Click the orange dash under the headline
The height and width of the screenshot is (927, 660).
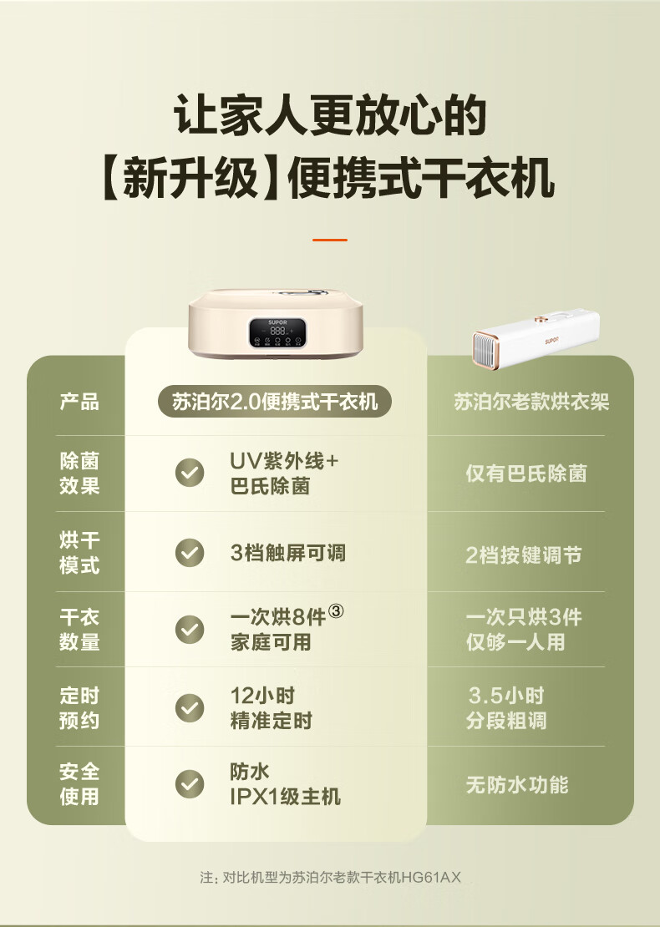tap(330, 240)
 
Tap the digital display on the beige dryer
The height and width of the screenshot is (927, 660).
tap(277, 332)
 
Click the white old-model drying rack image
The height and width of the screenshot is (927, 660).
tap(536, 339)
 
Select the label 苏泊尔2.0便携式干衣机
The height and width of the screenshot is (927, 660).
tap(275, 402)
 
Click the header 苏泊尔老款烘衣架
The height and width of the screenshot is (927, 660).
tap(531, 402)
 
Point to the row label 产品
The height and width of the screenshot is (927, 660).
tap(79, 402)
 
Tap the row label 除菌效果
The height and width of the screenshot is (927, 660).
tap(79, 473)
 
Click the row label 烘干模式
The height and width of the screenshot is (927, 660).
tap(79, 553)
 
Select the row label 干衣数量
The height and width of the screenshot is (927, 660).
tap(79, 630)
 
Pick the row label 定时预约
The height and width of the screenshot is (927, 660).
tap(79, 708)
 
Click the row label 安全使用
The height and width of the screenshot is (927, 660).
tap(79, 784)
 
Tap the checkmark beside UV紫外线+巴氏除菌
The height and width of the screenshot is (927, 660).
tap(190, 473)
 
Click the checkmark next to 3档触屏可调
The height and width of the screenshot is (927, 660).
tap(190, 553)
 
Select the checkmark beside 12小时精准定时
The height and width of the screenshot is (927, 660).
tap(190, 708)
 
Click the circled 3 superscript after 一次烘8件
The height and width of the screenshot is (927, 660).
tap(336, 611)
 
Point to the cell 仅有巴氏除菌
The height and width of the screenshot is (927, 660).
tap(525, 474)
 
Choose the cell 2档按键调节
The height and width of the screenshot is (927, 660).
tap(523, 555)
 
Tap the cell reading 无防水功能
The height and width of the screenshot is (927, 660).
tap(517, 785)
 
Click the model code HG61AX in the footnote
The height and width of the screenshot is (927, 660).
tap(431, 878)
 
